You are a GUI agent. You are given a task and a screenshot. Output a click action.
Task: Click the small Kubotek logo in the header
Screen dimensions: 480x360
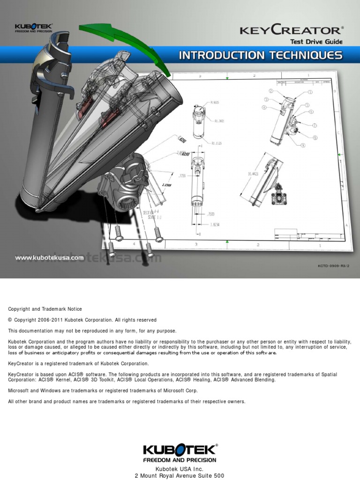tap(33, 27)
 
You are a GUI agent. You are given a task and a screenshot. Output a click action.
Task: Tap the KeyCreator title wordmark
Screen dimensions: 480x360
tap(291, 30)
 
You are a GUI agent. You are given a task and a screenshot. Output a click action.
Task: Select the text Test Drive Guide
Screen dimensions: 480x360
tap(316, 42)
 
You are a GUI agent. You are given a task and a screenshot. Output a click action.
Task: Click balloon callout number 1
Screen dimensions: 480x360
tap(310, 92)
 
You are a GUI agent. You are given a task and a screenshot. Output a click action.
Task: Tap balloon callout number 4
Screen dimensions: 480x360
tap(264, 107)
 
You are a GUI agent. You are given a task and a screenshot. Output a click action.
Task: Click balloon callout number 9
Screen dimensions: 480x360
tap(303, 145)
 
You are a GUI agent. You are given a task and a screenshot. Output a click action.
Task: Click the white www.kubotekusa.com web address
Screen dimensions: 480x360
tap(49, 257)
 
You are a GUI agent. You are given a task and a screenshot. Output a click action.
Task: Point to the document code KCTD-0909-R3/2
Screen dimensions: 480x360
tap(334, 265)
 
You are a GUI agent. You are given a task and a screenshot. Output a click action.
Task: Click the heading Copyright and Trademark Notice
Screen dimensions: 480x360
tap(45, 309)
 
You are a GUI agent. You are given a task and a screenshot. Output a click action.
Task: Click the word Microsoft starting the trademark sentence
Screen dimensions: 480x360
tap(18, 390)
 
